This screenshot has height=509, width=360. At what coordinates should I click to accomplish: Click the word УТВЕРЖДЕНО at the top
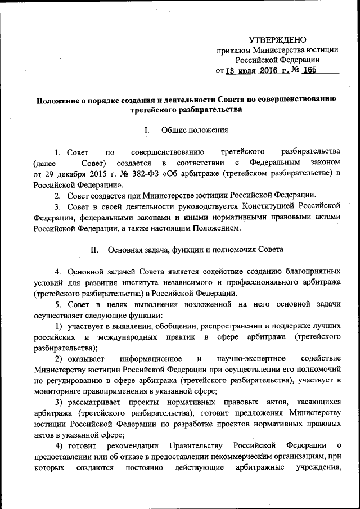[278, 40]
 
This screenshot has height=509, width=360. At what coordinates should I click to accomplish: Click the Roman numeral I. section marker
[147, 130]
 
